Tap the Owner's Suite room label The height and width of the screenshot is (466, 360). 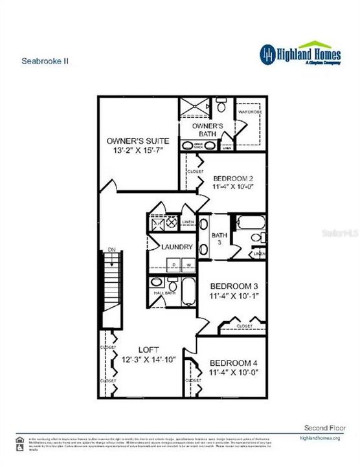[138, 140]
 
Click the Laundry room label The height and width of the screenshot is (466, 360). [173, 247]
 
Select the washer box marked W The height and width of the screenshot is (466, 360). [188, 265]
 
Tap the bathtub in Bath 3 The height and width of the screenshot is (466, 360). [249, 224]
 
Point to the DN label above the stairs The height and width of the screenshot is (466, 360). [111, 249]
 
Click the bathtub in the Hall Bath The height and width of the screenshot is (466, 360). [188, 293]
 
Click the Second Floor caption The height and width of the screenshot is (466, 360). [324, 428]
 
